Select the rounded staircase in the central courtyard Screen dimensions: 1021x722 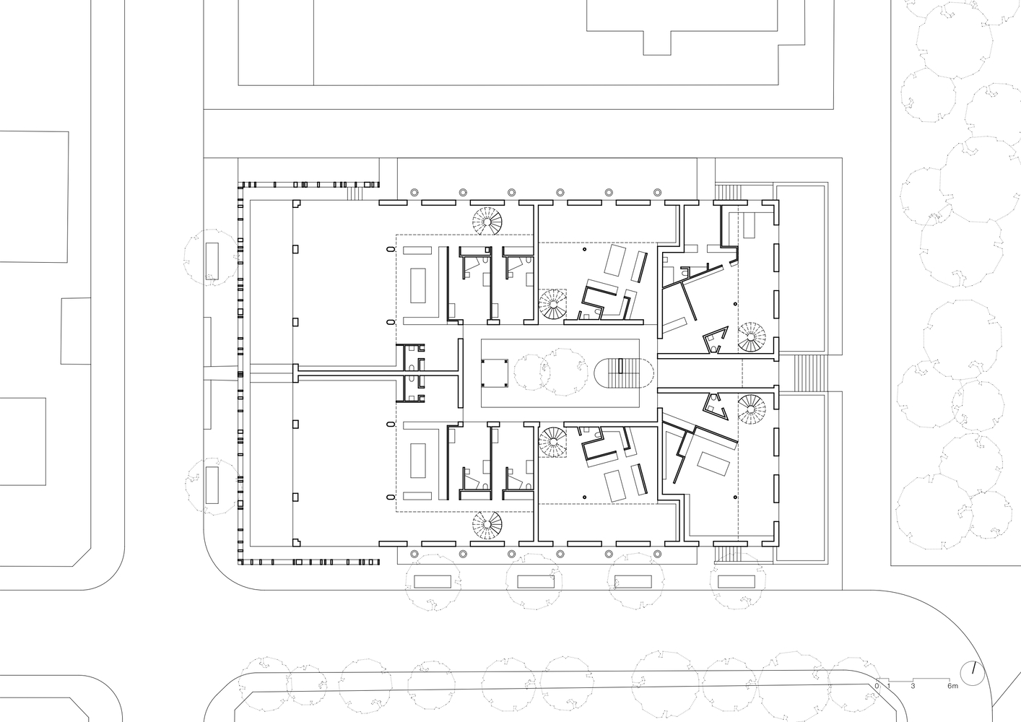[624, 373]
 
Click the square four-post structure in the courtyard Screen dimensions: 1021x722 [495, 373]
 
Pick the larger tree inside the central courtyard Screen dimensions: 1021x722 [564, 370]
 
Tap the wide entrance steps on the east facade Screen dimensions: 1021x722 [809, 373]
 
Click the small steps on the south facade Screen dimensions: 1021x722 [727, 554]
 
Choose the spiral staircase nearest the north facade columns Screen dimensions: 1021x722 [487, 221]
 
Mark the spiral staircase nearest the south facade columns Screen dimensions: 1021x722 [487, 526]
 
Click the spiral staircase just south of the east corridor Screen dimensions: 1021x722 [752, 409]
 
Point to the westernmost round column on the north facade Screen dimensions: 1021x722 [414, 192]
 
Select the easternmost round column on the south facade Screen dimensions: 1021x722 [657, 554]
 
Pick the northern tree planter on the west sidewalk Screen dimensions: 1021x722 [212, 261]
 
